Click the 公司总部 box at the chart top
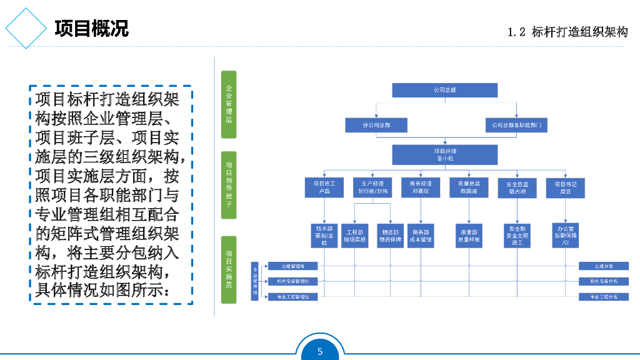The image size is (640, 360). pyautogui.click(x=444, y=90)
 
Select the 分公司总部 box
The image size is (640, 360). pyautogui.click(x=376, y=125)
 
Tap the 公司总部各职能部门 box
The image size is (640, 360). pyautogui.click(x=516, y=125)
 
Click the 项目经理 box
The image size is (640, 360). pyautogui.click(x=444, y=154)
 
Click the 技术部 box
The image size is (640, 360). pyautogui.click(x=324, y=236)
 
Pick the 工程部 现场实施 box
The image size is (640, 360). pyautogui.click(x=355, y=236)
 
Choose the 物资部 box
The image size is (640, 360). pyautogui.click(x=390, y=236)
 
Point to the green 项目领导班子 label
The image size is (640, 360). pyautogui.click(x=229, y=184)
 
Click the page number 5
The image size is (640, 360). pyautogui.click(x=320, y=351)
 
